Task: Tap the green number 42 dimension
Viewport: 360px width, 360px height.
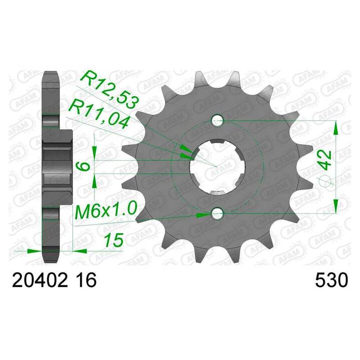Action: pos(325,160)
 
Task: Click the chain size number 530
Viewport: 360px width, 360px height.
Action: pos(332,280)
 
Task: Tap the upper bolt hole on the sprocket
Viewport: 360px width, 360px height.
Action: pos(217,120)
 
